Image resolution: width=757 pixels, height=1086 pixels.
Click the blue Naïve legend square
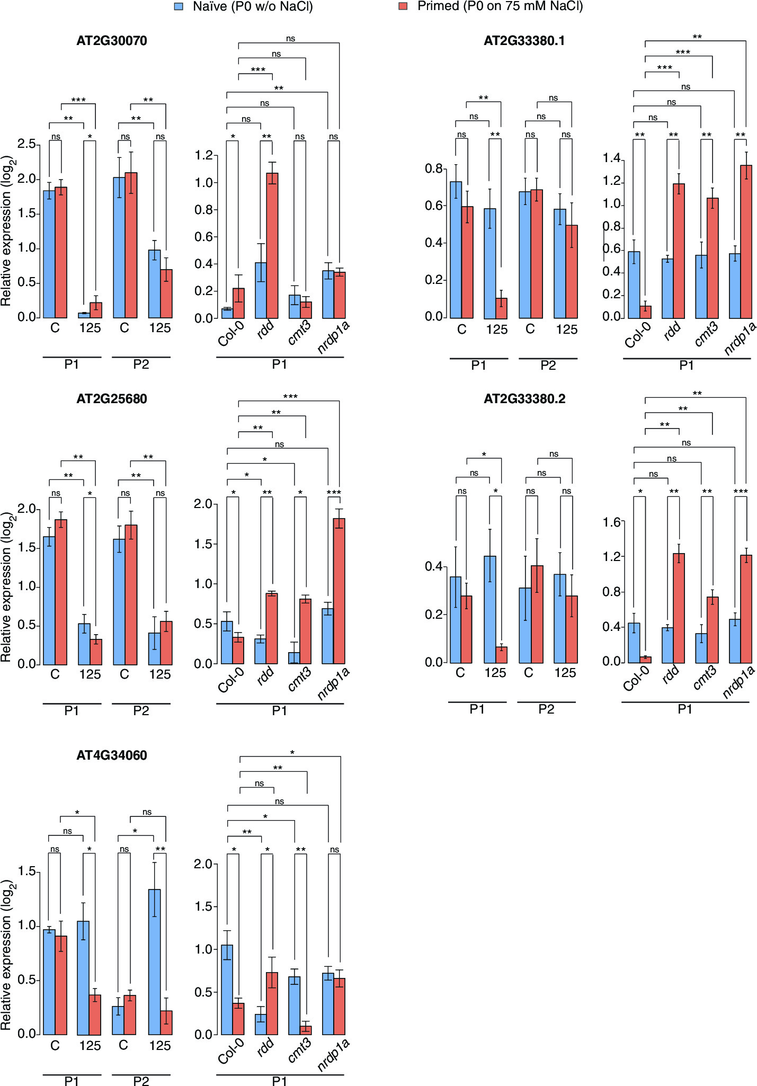coord(179,7)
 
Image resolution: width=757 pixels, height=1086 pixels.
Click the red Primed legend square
coord(403,7)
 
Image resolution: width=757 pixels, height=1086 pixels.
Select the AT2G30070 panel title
coord(112,41)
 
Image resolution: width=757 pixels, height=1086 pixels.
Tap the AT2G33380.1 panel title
coord(524,41)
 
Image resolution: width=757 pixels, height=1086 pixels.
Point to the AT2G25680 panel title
coord(112,398)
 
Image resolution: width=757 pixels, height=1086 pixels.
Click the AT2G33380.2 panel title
coord(524,398)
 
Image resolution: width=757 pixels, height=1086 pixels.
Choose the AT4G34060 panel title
coord(112,755)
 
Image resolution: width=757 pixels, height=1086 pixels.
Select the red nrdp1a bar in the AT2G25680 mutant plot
coord(339,591)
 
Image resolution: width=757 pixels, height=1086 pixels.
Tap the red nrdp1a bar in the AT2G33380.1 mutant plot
coord(746,242)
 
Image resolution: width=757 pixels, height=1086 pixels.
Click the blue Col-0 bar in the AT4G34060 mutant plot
coord(227,989)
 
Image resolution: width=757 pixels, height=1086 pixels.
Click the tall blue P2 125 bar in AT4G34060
coord(154,962)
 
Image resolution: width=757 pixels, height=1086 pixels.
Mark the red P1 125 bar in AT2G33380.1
coord(501,308)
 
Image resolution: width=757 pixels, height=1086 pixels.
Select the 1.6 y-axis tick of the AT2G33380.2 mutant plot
coord(611,522)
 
